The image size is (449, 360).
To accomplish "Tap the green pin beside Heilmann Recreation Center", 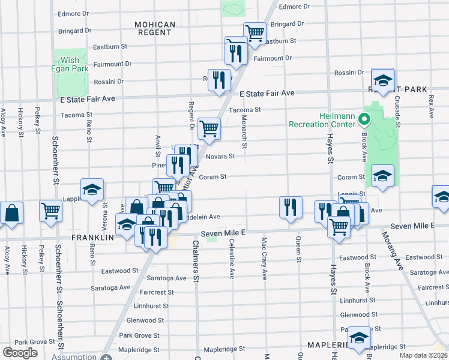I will click(x=363, y=119).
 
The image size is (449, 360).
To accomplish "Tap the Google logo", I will click(x=20, y=353).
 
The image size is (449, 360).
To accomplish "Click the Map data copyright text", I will click(x=423, y=355).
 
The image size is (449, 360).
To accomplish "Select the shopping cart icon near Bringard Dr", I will click(x=255, y=32).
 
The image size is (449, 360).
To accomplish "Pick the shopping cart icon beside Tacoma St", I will click(x=209, y=127).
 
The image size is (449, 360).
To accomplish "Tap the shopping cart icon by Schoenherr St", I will click(x=51, y=211).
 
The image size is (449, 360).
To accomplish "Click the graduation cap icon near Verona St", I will click(x=92, y=190).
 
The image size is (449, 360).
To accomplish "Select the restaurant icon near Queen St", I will click(x=291, y=207).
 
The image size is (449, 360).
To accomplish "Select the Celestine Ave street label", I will click(x=232, y=258).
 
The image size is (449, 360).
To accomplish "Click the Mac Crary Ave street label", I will click(x=264, y=258).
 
